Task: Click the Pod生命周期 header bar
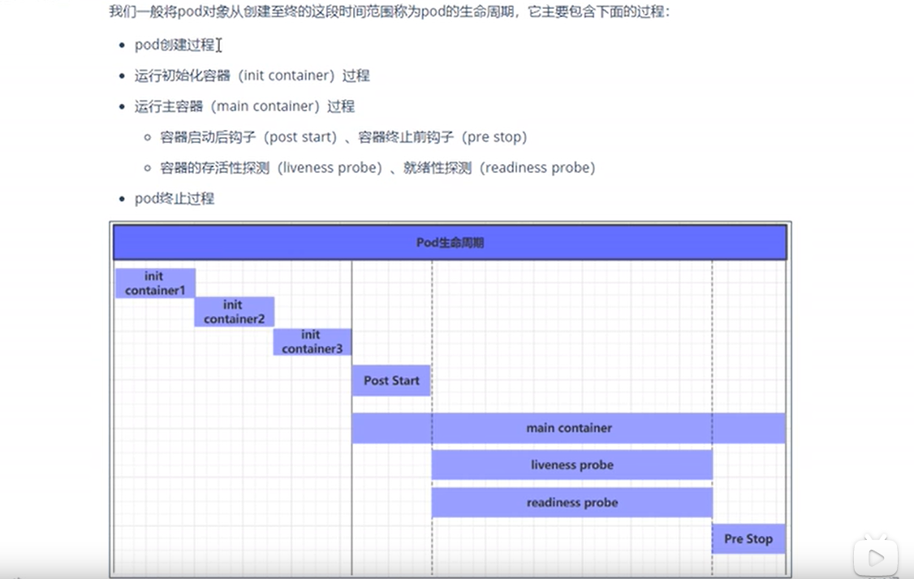tap(450, 243)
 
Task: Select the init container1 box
tap(155, 283)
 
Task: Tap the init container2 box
tap(234, 312)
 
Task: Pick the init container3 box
tap(312, 342)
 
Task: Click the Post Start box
tap(391, 381)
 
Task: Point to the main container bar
tap(568, 428)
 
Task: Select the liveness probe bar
tap(571, 465)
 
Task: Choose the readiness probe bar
tap(571, 503)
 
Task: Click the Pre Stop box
tap(748, 538)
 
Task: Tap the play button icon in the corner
tap(876, 557)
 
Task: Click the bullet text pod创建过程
tap(175, 45)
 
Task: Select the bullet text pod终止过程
tap(175, 199)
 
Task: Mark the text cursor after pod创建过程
tap(219, 45)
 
